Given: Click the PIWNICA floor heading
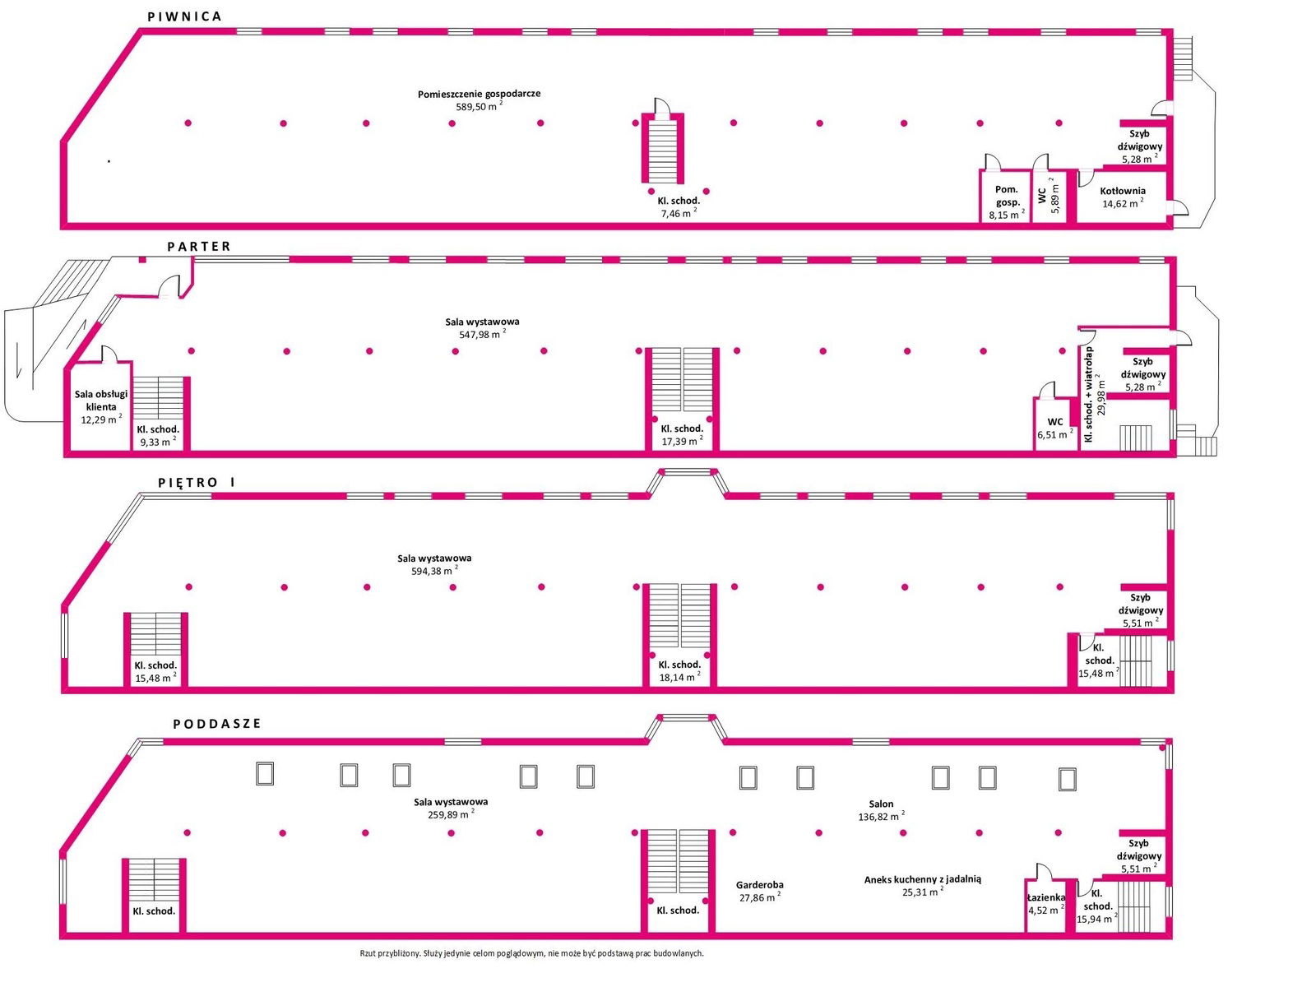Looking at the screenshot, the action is pos(184,16).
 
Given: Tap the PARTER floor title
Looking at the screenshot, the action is pos(198,246).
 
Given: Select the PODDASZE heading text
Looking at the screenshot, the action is pos(217,723).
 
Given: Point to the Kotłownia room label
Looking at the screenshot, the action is pos(1123,191).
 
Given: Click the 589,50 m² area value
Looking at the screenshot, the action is pos(479,106).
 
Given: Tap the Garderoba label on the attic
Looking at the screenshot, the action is pos(760,884).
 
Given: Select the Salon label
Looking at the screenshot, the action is pos(881,804).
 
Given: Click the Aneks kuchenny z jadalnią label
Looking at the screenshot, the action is pos(922,879).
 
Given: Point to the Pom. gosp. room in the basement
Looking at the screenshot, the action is pos(1007,197).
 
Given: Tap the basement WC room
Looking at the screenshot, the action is pos(1050,197).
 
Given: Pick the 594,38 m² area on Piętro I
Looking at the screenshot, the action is pos(434,571).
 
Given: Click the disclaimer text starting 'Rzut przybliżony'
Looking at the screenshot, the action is pos(532,952).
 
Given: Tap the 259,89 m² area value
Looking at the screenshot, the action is pos(452,814).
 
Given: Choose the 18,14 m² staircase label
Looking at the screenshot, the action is pos(679,677).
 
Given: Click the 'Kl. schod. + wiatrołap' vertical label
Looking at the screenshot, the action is pos(1089,394).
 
